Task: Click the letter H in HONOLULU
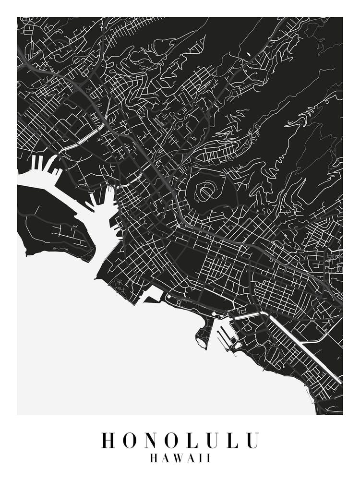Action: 108,441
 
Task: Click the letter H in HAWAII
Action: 155,458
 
